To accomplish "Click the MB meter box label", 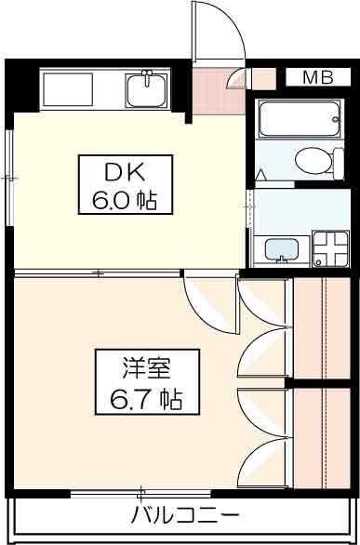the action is [318, 77].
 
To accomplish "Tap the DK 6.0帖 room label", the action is [126, 184].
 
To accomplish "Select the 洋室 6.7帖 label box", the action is [147, 382].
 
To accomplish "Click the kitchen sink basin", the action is [147, 89].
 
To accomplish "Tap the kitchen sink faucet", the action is [147, 76].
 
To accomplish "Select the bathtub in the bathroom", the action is [300, 119].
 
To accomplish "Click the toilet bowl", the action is [313, 161].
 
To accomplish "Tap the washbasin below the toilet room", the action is [282, 249].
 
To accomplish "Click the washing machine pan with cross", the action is [330, 248].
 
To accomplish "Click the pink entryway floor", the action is [219, 91].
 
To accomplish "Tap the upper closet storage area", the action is [322, 328].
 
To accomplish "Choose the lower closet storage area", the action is [322, 439].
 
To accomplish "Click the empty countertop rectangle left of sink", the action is [68, 89].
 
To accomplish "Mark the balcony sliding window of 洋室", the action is [140, 494].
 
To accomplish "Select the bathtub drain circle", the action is [335, 119].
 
